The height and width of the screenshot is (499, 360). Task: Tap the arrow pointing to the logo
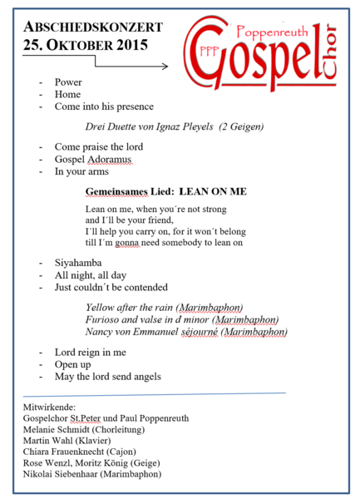pyautogui.click(x=133, y=64)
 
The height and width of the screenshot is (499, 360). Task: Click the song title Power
pyautogui.click(x=69, y=82)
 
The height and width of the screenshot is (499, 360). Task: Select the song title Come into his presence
pyautogui.click(x=103, y=106)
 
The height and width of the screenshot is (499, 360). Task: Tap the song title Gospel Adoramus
pyautogui.click(x=92, y=159)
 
